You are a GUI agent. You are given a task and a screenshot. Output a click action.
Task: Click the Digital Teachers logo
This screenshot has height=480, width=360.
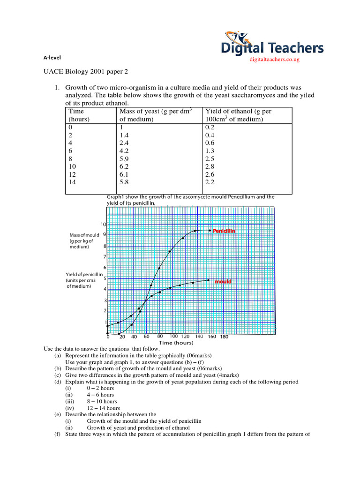[x=273, y=44]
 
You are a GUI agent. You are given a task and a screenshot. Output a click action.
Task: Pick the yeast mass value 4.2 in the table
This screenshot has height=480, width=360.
[x=124, y=151]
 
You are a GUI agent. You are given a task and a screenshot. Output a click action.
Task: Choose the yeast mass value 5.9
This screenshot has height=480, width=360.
[x=124, y=159]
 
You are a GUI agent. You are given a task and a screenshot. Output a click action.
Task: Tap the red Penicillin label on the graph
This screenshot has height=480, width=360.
[x=224, y=231]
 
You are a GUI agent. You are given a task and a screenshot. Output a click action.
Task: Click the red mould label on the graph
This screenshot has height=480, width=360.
[x=223, y=282]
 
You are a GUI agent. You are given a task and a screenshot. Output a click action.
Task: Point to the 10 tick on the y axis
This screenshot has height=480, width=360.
[x=103, y=224]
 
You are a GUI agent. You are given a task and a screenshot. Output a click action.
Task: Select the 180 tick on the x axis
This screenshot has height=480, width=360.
[x=224, y=337]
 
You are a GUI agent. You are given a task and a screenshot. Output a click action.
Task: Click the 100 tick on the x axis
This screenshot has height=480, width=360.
[x=173, y=337]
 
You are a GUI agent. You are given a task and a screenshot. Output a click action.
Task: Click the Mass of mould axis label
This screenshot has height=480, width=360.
[x=82, y=241]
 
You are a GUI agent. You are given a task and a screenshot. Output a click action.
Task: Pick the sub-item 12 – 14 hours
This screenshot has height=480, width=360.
[x=103, y=408]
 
